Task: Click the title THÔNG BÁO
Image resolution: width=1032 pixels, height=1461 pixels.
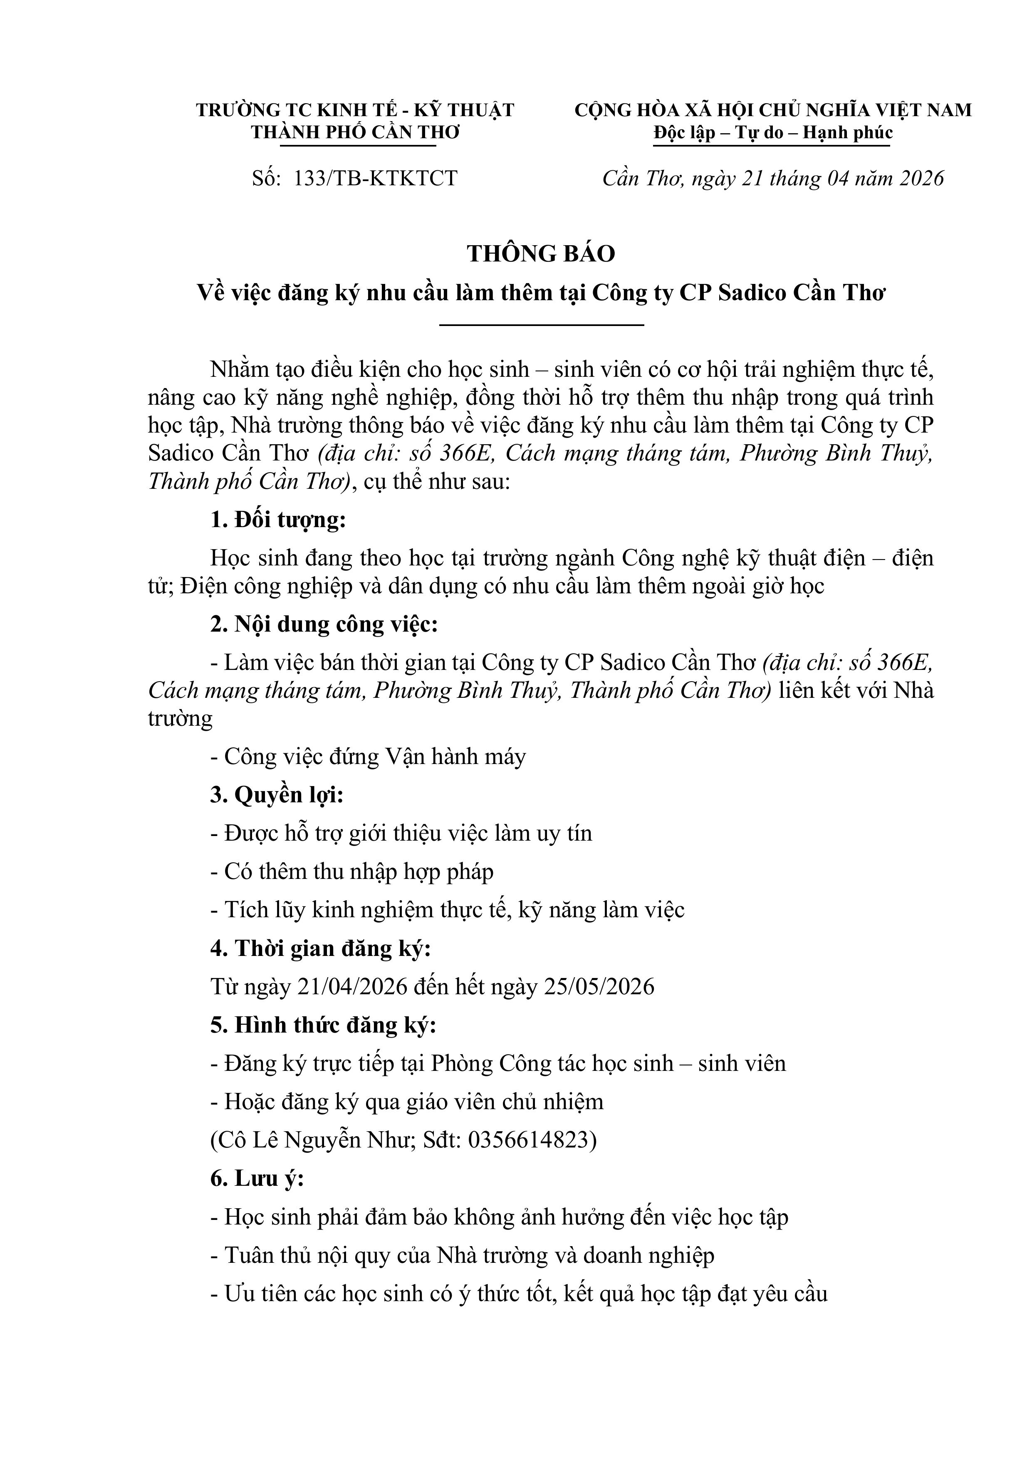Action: [x=541, y=254]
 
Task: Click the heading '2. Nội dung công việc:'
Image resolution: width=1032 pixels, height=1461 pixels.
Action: [x=324, y=624]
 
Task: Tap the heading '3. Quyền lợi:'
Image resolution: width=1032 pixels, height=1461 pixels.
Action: [x=277, y=795]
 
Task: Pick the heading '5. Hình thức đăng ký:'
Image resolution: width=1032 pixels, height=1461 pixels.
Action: [x=323, y=1025]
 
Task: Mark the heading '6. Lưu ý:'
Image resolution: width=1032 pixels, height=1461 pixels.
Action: [x=257, y=1178]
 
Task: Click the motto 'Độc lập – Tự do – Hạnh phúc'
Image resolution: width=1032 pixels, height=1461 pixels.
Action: [x=772, y=133]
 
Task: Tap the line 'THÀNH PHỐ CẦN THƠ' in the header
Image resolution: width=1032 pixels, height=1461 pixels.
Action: [x=355, y=133]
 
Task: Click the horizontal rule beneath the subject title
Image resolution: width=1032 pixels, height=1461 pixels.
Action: [x=541, y=325]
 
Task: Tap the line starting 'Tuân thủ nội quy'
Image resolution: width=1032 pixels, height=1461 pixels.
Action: [x=462, y=1255]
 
